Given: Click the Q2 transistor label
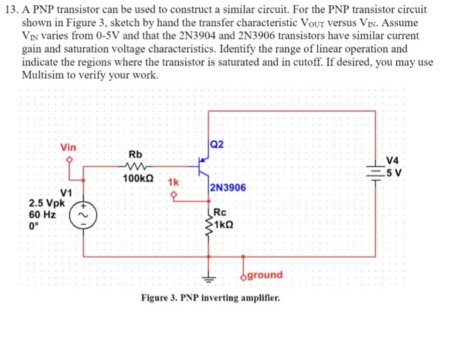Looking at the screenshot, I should point(217,145).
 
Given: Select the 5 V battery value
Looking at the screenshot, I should point(396,172).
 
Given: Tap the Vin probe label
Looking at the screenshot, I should point(68,147).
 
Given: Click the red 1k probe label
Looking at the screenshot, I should point(173,182).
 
